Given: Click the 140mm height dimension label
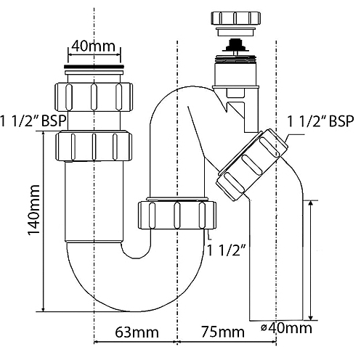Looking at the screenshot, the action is (x=33, y=210).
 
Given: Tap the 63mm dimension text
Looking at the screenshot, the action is (x=137, y=332).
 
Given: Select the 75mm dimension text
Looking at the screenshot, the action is (x=223, y=332).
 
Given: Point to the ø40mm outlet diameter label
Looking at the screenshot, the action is (x=287, y=328).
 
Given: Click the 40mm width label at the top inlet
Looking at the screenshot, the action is (x=94, y=46).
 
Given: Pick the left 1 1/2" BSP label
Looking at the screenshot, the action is (x=33, y=120).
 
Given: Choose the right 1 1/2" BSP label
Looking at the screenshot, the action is (x=320, y=121).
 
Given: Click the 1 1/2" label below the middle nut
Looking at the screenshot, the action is (x=226, y=250).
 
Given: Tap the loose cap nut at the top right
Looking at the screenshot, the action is (x=236, y=18).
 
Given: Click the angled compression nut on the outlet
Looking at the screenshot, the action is (x=252, y=165).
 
